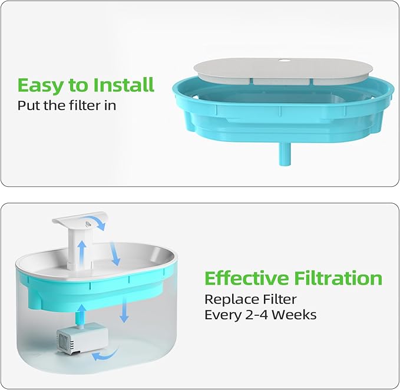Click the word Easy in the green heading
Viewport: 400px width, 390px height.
tap(40, 85)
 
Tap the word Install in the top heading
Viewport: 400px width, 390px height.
tap(123, 85)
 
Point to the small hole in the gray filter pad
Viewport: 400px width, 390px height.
tap(285, 60)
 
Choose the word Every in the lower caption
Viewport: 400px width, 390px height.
tap(222, 315)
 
